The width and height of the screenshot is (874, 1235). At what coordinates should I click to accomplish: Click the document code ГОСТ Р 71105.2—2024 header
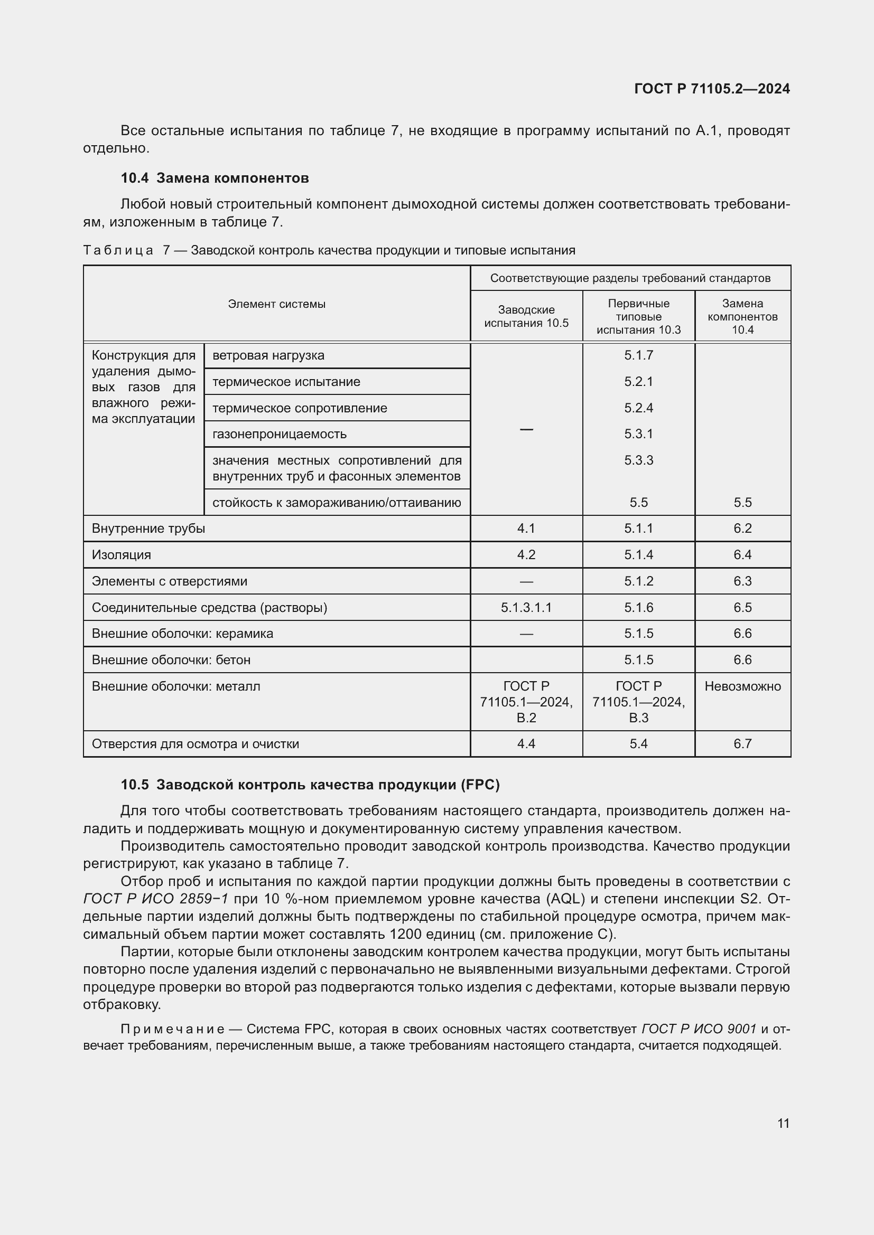click(711, 89)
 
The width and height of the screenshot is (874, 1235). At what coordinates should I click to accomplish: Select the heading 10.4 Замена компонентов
click(215, 178)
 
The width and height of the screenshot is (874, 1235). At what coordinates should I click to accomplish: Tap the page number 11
click(783, 1123)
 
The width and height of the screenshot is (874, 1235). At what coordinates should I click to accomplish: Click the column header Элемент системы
click(276, 304)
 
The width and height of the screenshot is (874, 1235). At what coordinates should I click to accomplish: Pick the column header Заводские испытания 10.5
click(526, 316)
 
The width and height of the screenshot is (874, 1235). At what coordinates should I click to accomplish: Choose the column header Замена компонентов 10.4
click(742, 316)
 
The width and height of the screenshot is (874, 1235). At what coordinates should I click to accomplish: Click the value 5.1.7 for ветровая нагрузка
click(638, 355)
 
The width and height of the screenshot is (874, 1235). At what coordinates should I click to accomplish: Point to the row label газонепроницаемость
click(280, 433)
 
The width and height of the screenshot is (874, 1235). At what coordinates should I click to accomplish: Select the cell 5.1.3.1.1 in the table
click(526, 607)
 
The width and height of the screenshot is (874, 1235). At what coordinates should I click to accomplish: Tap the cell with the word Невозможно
click(742, 686)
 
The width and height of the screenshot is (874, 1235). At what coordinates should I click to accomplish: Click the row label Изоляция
click(121, 554)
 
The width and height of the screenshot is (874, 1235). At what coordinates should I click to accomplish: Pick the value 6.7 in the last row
click(742, 743)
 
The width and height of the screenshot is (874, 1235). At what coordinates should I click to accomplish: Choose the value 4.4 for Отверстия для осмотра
click(526, 743)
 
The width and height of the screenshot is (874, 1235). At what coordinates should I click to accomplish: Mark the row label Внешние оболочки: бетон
click(171, 659)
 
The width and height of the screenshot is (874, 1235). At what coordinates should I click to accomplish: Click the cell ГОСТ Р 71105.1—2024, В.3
click(638, 701)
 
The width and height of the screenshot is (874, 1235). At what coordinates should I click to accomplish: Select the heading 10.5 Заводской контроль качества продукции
click(310, 785)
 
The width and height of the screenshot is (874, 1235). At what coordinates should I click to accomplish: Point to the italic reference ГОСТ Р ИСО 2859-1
click(155, 899)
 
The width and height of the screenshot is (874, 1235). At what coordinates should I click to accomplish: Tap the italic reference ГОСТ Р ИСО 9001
click(699, 1029)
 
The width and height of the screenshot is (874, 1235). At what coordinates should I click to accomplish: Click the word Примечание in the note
click(172, 1029)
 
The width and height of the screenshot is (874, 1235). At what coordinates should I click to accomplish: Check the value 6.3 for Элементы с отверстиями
click(742, 581)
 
